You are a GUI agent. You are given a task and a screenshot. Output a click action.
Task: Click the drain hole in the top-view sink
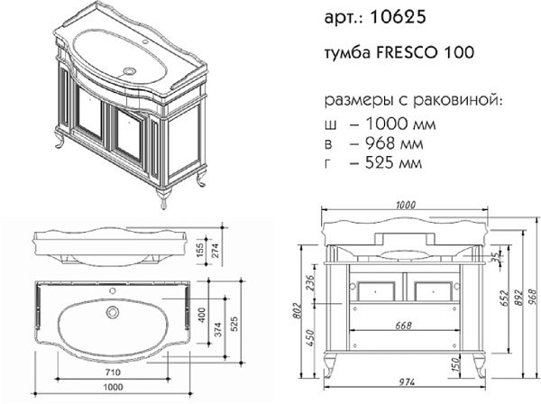click(x=113, y=312)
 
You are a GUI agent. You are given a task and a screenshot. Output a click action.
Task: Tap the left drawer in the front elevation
click(x=374, y=289)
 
